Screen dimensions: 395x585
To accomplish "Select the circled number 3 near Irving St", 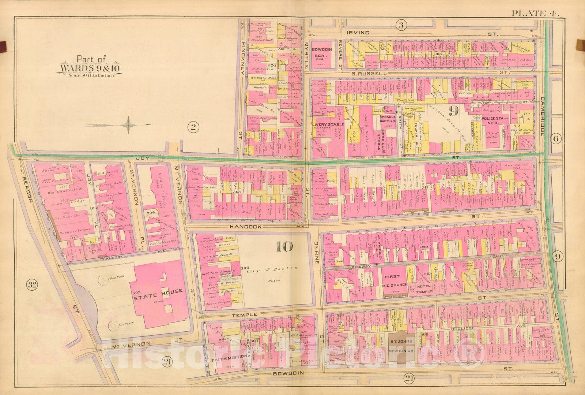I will (x=401, y=25).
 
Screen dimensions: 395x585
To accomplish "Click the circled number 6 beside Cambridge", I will (x=557, y=139).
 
